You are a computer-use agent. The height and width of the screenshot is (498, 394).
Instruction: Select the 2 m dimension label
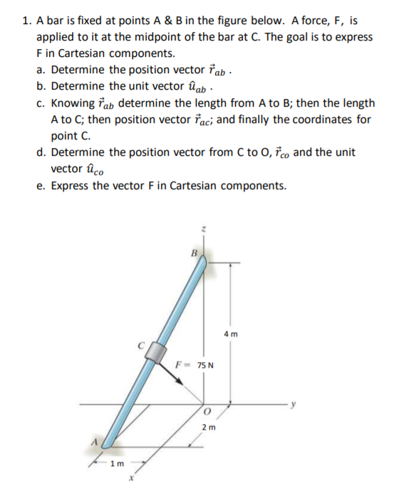pos(208,428)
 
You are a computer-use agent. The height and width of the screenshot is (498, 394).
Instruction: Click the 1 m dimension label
pos(117,465)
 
